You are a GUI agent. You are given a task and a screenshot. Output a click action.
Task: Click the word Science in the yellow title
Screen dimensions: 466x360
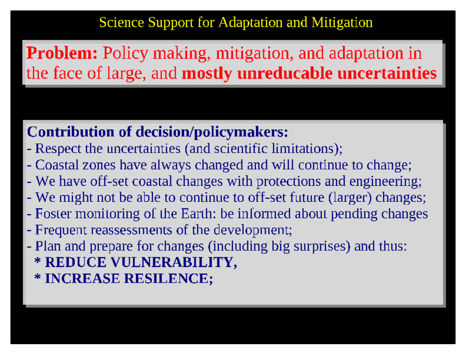pyautogui.click(x=121, y=22)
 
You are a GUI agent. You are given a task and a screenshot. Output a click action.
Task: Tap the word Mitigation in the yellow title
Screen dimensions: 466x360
pyautogui.click(x=342, y=23)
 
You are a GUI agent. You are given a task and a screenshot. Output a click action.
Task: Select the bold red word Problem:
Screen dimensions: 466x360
pyautogui.click(x=62, y=53)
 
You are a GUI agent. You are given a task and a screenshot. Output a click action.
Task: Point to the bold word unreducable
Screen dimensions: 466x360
pyautogui.click(x=285, y=73)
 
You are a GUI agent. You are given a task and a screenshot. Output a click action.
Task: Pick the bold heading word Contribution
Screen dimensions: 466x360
pyautogui.click(x=71, y=131)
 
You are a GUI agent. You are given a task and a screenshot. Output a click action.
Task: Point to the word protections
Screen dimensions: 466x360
pyautogui.click(x=289, y=182)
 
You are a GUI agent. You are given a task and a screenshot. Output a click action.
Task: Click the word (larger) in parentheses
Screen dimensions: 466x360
pyautogui.click(x=350, y=198)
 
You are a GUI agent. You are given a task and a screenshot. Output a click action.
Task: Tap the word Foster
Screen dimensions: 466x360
pyautogui.click(x=53, y=213)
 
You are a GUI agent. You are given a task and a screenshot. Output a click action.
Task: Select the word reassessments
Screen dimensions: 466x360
pyautogui.click(x=131, y=230)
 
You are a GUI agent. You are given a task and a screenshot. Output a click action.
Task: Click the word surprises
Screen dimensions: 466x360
pyautogui.click(x=322, y=247)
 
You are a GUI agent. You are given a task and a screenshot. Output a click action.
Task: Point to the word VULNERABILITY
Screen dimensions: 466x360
pyautogui.click(x=172, y=262)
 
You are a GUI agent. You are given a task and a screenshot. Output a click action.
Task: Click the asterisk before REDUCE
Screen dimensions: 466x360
pyautogui.click(x=38, y=261)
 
